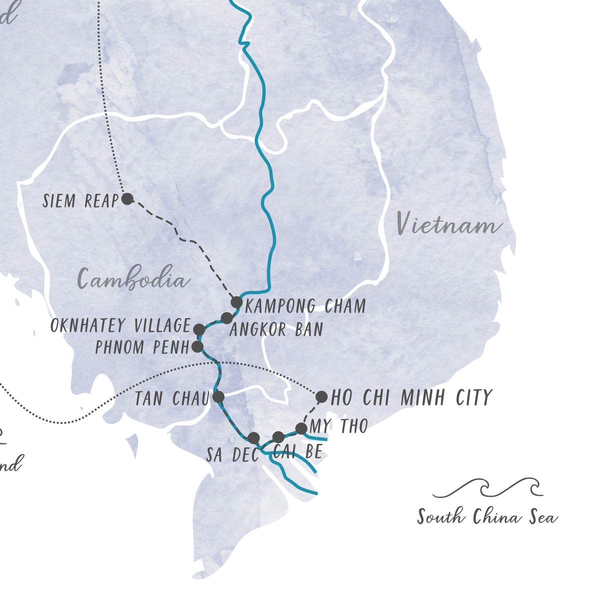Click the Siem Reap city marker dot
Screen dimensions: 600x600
point(127,199)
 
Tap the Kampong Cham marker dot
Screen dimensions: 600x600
point(237,302)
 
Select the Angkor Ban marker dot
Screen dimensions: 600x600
point(227,317)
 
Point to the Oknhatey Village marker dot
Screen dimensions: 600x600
point(199,329)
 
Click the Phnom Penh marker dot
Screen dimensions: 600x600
point(197,346)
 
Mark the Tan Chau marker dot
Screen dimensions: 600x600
point(218,397)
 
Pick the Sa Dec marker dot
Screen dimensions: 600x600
point(253,437)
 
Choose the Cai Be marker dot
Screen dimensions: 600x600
point(278,437)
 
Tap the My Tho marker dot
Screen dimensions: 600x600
point(301,428)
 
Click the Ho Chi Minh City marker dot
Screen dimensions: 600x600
point(321,397)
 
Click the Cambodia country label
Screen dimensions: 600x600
point(134,279)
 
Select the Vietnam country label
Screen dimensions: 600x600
point(448,223)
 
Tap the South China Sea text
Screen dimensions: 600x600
point(487,516)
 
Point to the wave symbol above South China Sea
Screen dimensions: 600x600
point(487,488)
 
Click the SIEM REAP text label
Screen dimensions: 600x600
point(80,201)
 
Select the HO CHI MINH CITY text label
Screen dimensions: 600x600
point(411,398)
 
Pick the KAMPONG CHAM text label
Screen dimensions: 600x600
point(305,306)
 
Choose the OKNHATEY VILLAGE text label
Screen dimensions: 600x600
point(120,326)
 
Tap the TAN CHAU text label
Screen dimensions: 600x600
point(171,399)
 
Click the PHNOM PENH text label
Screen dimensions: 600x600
point(142,347)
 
